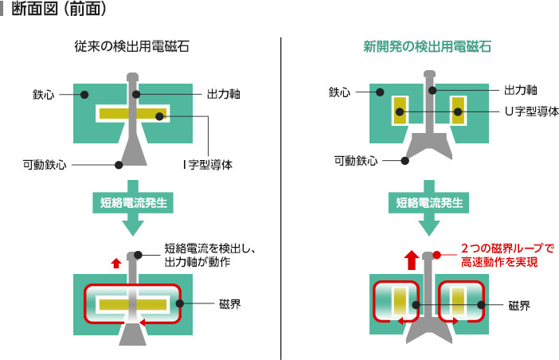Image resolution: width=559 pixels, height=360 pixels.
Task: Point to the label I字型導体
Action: [x=210, y=166]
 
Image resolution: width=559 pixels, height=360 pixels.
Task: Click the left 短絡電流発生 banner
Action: [x=132, y=203]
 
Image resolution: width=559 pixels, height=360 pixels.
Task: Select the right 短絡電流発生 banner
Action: [x=431, y=203]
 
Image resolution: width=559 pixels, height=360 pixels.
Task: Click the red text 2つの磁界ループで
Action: [x=506, y=248]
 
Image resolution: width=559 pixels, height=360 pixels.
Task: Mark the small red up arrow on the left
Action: [x=117, y=263]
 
